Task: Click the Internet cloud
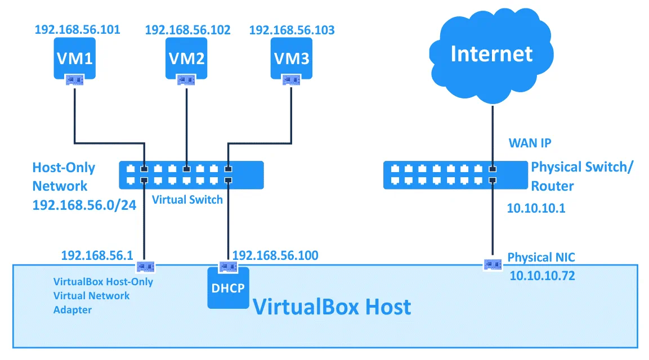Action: [491, 55]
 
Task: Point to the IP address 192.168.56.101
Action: [77, 29]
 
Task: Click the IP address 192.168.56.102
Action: [187, 30]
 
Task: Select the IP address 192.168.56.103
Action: [292, 29]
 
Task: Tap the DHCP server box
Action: [228, 287]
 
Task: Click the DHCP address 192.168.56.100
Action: [275, 256]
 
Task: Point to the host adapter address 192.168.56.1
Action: [97, 256]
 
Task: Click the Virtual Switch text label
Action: [187, 200]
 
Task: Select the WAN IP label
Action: [530, 143]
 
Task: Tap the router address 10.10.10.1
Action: [536, 209]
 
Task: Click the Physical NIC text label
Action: [541, 258]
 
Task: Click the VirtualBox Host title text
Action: [332, 307]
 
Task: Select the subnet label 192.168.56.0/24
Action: [84, 205]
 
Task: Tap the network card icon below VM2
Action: [186, 80]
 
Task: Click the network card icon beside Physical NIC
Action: [493, 263]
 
